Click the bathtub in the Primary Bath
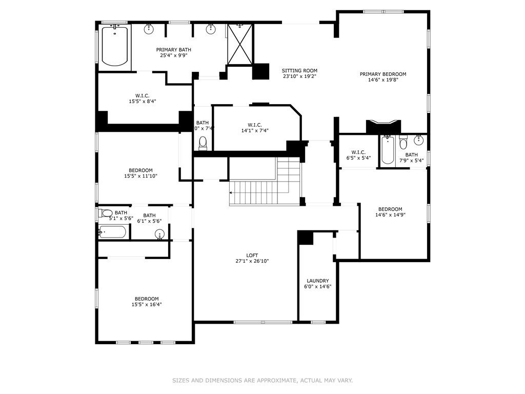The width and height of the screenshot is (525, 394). point(114,46)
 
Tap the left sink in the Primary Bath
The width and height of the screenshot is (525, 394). point(149,29)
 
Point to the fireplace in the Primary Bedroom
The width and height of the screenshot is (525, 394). point(383,126)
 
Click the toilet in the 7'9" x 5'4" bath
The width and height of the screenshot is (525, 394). point(403,144)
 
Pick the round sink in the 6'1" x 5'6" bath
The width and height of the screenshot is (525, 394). point(159,235)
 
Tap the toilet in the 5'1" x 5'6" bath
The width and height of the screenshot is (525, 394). point(106,213)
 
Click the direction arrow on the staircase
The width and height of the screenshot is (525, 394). point(231,193)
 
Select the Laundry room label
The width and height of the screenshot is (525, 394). point(317,281)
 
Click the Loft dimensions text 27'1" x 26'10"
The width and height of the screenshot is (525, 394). point(252,261)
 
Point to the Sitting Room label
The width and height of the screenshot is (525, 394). point(299,71)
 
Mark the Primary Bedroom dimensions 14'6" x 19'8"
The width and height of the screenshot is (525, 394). point(382,80)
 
